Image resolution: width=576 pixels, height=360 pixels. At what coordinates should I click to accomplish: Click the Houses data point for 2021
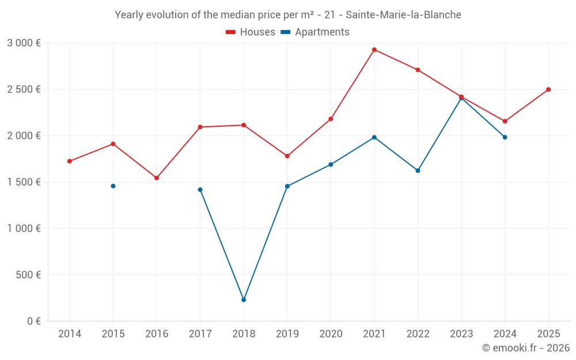374,50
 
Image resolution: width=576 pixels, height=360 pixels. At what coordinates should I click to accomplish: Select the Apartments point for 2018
244,300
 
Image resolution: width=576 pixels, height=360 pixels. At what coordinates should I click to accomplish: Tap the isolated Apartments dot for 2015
113,186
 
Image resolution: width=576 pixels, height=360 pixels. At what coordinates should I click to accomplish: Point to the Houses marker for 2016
157,178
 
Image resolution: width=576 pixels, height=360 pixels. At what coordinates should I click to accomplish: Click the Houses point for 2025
548,89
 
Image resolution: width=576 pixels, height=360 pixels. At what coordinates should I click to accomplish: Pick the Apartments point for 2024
505,137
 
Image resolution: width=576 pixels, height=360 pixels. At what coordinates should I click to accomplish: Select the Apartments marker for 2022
418,170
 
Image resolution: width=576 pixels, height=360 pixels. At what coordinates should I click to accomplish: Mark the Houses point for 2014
70,161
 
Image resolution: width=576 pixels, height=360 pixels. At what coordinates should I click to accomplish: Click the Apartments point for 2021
374,137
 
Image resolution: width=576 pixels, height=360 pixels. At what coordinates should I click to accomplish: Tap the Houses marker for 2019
287,156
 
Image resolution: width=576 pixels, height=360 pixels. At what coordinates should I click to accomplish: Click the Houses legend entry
251,32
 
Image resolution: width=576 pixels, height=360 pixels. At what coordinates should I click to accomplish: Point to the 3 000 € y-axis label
24,43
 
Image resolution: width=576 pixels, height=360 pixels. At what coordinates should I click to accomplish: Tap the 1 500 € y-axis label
24,182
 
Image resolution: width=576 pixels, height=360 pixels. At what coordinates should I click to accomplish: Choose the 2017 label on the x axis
200,334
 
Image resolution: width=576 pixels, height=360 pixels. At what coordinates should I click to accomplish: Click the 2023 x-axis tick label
461,334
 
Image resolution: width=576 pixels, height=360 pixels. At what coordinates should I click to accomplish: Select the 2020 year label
331,334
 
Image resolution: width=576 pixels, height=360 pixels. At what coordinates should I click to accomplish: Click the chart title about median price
288,15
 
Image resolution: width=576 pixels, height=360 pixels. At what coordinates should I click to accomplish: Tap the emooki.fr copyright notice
525,348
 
